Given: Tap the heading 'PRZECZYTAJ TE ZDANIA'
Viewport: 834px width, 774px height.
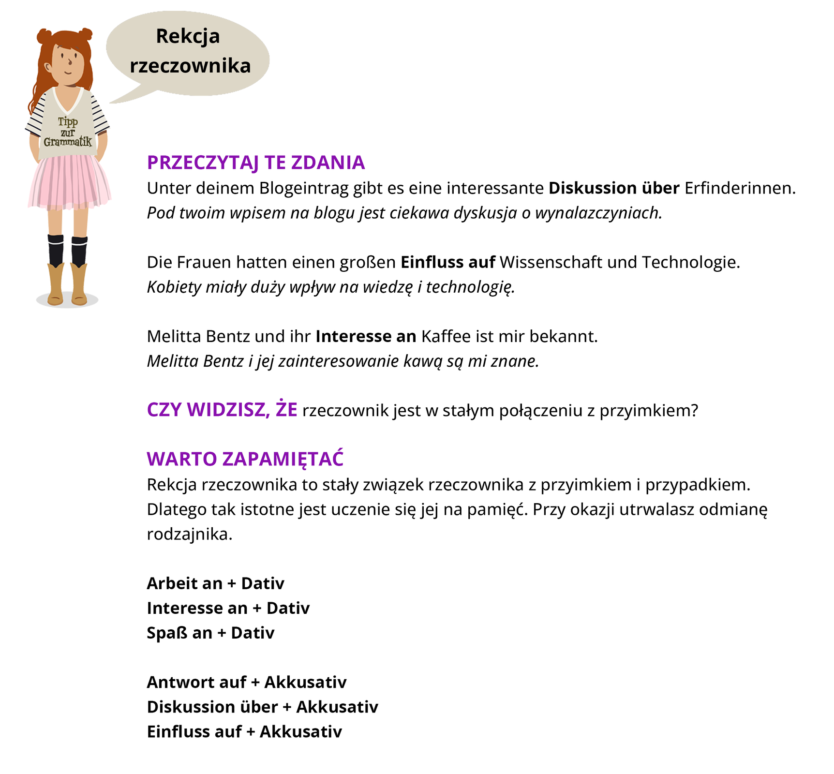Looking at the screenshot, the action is tap(255, 163).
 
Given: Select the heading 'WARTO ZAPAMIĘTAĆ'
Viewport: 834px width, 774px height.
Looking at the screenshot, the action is tap(245, 459).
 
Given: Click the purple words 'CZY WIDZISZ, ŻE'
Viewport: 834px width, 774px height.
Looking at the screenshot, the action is tap(222, 410).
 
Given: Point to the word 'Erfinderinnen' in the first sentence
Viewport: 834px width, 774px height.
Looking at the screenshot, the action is tap(739, 188).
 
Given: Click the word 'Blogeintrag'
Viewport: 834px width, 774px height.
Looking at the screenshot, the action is tap(304, 188).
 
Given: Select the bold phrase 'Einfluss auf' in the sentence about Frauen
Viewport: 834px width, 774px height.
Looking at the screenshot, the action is tap(447, 262).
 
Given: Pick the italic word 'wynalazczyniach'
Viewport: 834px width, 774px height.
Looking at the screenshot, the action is tap(598, 213).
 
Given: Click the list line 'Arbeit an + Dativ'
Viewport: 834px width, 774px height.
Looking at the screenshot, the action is tap(215, 583).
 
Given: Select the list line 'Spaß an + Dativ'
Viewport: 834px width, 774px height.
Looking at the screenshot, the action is tap(210, 633).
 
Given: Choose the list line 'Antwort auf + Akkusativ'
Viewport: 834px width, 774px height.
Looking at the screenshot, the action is tap(247, 682).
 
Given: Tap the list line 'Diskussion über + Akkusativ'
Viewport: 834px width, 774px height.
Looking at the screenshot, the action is tap(262, 707).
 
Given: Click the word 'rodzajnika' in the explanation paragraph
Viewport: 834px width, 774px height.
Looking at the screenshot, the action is tap(189, 534).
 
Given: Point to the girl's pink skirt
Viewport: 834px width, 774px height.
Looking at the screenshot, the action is tap(69, 181).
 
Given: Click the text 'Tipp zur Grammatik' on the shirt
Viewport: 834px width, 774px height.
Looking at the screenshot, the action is tap(68, 132).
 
